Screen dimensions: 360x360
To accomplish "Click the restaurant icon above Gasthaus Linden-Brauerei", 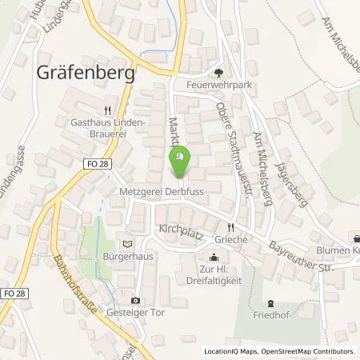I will click(x=108, y=111).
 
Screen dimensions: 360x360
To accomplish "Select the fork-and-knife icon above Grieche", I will click(x=232, y=226).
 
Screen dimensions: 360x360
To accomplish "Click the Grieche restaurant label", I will click(x=232, y=239).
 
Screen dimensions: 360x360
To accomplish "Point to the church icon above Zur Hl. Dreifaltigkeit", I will click(x=214, y=258).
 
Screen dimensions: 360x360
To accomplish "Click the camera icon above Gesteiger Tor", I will click(x=135, y=299).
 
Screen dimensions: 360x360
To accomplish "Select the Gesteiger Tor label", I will click(x=134, y=312).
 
